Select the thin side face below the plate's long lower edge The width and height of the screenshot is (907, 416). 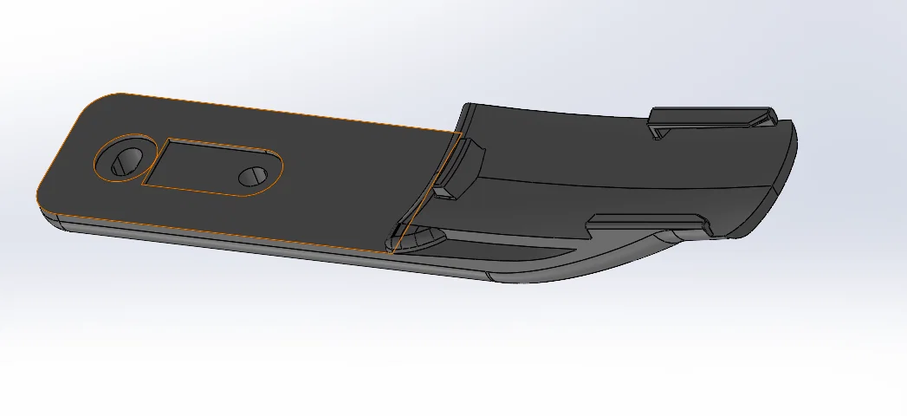[x=217, y=239]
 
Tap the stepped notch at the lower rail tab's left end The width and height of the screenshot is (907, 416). [x=593, y=226]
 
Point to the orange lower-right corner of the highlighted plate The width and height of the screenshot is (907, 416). [x=392, y=252]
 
